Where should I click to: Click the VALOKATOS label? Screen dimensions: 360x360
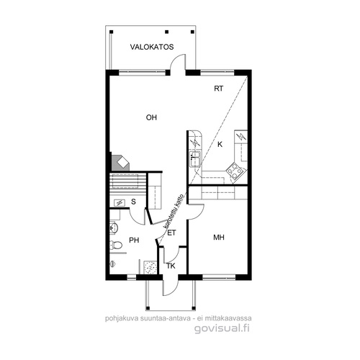point(152,47)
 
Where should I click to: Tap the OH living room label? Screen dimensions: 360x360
point(151,117)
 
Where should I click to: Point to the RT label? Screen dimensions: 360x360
point(218,89)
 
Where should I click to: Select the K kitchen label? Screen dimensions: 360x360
point(220,145)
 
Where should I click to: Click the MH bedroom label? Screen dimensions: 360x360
point(219,238)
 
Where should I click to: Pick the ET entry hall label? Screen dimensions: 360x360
point(171,233)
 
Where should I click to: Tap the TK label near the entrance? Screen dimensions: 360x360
point(171,266)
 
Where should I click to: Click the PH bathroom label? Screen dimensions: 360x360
point(134,240)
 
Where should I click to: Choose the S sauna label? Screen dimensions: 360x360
point(133,202)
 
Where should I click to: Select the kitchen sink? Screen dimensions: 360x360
point(195,159)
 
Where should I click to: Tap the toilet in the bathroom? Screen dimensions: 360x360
point(116,245)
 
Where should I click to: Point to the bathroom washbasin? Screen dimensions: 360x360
point(114,227)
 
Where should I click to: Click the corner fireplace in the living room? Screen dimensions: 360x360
point(120,163)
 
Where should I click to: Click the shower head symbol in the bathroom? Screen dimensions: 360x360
point(113,264)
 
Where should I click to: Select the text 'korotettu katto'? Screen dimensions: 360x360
point(174,211)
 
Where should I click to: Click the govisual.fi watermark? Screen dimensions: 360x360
point(222,328)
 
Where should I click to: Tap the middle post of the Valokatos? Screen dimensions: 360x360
point(167,32)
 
